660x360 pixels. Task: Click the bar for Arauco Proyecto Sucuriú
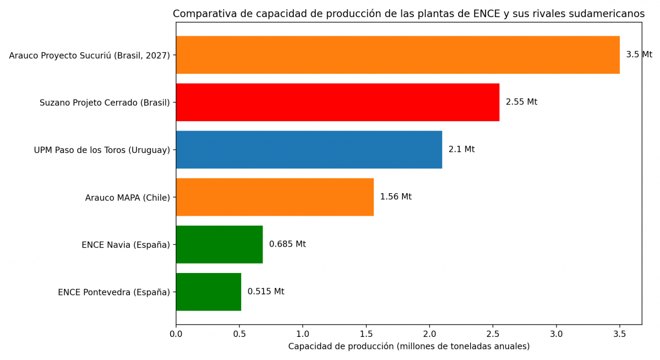(x=397, y=55)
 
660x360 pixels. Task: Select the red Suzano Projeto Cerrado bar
(x=337, y=102)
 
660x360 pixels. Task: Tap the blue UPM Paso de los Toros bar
(x=309, y=150)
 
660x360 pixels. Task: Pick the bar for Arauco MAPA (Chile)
(x=275, y=197)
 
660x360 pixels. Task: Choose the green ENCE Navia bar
(x=219, y=244)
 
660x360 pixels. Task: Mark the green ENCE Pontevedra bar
(x=208, y=292)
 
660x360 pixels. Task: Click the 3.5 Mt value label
(x=639, y=55)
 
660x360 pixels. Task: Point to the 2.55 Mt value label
(x=521, y=102)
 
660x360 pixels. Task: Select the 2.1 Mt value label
(x=461, y=150)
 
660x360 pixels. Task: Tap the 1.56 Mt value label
(x=395, y=197)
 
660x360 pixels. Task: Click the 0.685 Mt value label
(x=287, y=244)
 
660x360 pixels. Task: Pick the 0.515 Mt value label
(x=266, y=292)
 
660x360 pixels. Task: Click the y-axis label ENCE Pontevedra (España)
(x=114, y=292)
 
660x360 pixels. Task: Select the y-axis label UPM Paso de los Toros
(x=102, y=150)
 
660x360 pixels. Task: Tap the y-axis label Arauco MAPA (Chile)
(x=128, y=198)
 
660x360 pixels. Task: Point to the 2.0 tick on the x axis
(x=429, y=334)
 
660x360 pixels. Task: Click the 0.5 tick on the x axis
(x=239, y=334)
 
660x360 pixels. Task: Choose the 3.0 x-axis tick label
(x=557, y=334)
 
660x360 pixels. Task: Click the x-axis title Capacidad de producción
(x=408, y=347)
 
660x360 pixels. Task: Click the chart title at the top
(x=408, y=14)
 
